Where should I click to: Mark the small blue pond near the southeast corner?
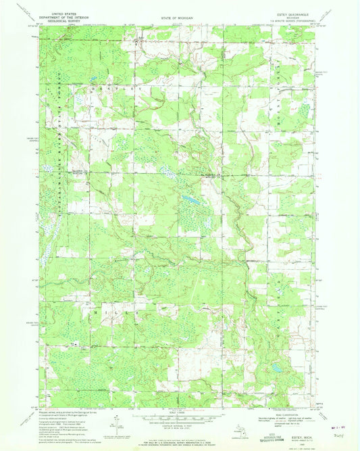pos(277,369)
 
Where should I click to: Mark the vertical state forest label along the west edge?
pos(59,162)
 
